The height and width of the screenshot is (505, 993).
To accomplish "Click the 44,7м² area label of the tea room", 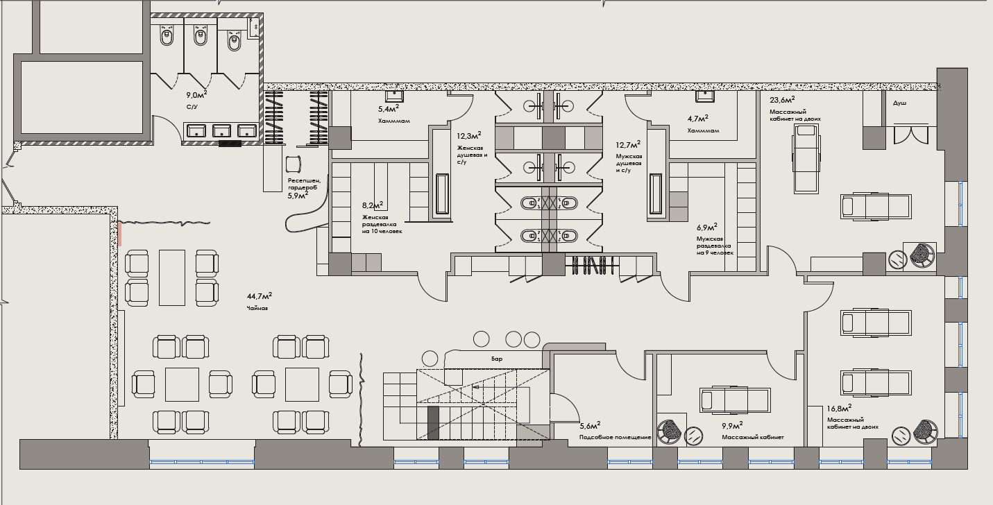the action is pyautogui.click(x=260, y=296).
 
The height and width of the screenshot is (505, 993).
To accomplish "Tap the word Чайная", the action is pyautogui.click(x=257, y=308).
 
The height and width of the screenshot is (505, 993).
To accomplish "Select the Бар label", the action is pyautogui.click(x=497, y=359).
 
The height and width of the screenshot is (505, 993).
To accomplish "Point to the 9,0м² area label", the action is pyautogui.click(x=196, y=95).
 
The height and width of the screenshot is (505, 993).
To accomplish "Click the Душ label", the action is pyautogui.click(x=899, y=103).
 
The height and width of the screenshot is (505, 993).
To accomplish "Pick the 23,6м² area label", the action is pyautogui.click(x=782, y=100).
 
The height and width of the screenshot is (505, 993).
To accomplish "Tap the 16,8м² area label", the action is pyautogui.click(x=839, y=409).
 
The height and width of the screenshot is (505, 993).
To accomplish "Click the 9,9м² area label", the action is pyautogui.click(x=732, y=426).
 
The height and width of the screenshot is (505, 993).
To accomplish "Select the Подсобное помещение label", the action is pyautogui.click(x=616, y=437).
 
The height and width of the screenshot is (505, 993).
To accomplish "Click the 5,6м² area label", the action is pyautogui.click(x=590, y=426).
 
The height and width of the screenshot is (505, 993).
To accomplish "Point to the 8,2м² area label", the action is pyautogui.click(x=373, y=205).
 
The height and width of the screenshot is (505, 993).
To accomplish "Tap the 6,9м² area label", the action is pyautogui.click(x=707, y=228).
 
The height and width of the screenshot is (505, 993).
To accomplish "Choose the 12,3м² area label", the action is pyautogui.click(x=469, y=136).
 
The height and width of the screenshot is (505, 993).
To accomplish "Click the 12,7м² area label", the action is pyautogui.click(x=628, y=145).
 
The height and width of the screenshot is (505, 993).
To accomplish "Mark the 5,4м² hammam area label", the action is pyautogui.click(x=389, y=108).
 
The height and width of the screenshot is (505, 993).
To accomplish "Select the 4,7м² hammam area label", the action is pyautogui.click(x=698, y=119).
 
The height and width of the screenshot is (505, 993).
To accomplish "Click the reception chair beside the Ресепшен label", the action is pyautogui.click(x=294, y=164).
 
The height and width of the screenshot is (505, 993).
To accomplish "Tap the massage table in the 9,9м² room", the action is pyautogui.click(x=735, y=400).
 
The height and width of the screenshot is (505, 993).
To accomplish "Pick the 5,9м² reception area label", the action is pyautogui.click(x=298, y=196).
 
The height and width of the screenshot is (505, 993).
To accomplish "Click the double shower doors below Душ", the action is pyautogui.click(x=911, y=135).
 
